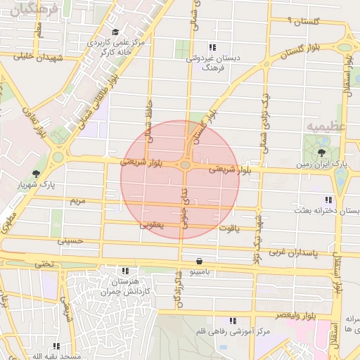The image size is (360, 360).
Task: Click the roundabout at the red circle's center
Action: (185, 165)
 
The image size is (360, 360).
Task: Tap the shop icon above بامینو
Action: (200, 259)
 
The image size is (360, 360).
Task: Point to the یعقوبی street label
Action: (151, 225)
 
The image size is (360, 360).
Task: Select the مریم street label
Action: (77, 200)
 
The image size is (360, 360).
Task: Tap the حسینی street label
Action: (70, 240)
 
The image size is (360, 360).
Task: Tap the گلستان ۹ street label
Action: (294, 22)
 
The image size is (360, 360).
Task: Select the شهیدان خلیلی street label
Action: (34, 57)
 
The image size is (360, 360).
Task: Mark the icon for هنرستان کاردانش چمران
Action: (125, 270)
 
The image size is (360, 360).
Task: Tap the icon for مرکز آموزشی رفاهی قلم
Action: (233, 321)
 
